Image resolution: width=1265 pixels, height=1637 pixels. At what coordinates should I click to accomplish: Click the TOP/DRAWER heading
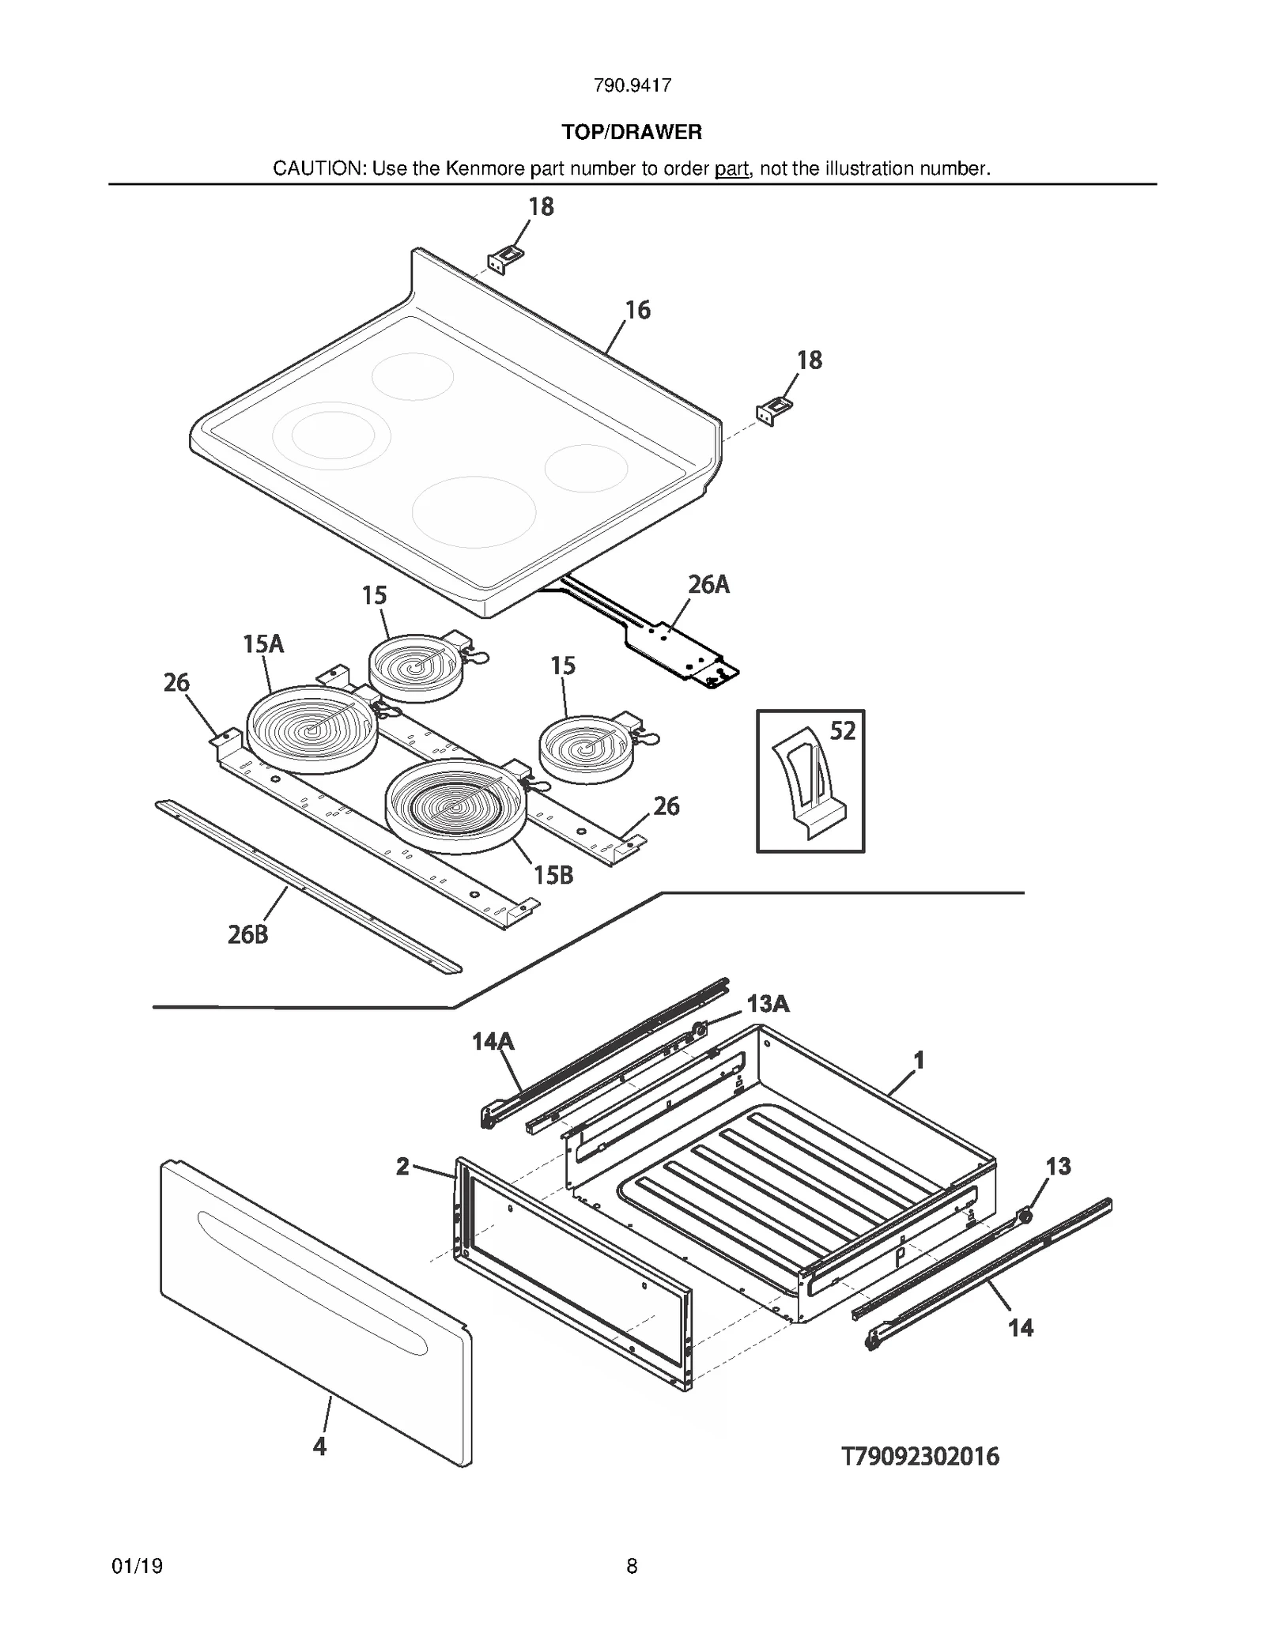[632, 132]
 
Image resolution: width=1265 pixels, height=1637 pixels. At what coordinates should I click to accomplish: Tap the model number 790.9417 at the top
[632, 85]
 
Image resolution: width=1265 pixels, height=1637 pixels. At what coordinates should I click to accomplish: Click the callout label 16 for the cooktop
[638, 310]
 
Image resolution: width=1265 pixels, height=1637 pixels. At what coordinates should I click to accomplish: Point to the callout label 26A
[708, 585]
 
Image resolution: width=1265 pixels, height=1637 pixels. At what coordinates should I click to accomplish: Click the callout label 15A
[263, 644]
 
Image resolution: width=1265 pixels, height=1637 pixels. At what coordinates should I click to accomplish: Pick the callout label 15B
[553, 875]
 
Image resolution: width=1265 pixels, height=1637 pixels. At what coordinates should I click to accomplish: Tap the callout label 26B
[248, 934]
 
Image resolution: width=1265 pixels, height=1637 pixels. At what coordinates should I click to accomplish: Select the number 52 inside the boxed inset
[843, 731]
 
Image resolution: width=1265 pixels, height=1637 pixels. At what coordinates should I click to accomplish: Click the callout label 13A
[768, 1004]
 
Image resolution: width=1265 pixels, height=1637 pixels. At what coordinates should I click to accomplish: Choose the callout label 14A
[493, 1042]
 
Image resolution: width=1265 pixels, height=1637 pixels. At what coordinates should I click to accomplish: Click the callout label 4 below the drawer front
[319, 1447]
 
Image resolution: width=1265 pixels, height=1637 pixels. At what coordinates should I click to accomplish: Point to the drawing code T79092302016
[920, 1456]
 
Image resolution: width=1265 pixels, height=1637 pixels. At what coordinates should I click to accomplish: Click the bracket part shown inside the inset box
[808, 783]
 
